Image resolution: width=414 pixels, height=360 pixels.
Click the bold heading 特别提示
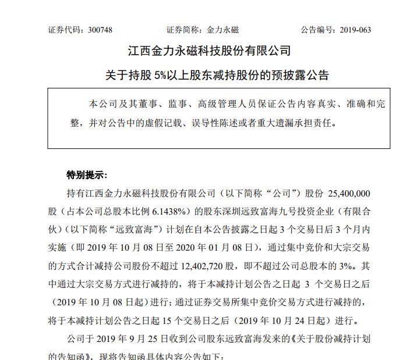(86, 174)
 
